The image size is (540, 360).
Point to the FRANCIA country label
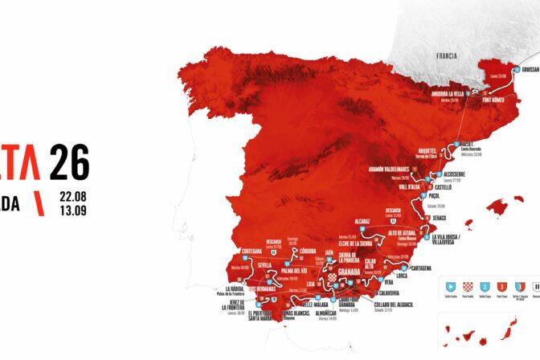[x=446, y=56]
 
